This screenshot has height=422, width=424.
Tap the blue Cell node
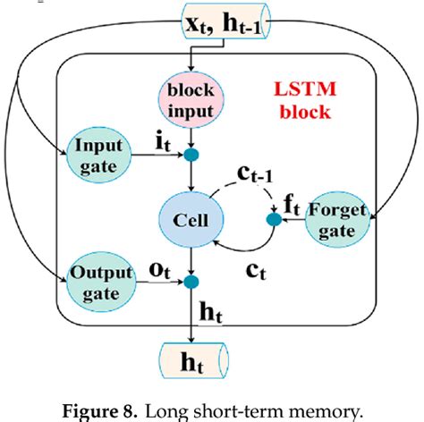[191, 219]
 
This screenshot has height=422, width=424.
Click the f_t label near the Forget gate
[292, 204]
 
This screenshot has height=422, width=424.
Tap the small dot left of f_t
[275, 219]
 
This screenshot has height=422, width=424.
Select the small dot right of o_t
[190, 283]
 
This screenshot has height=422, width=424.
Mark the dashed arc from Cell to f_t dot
[242, 185]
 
